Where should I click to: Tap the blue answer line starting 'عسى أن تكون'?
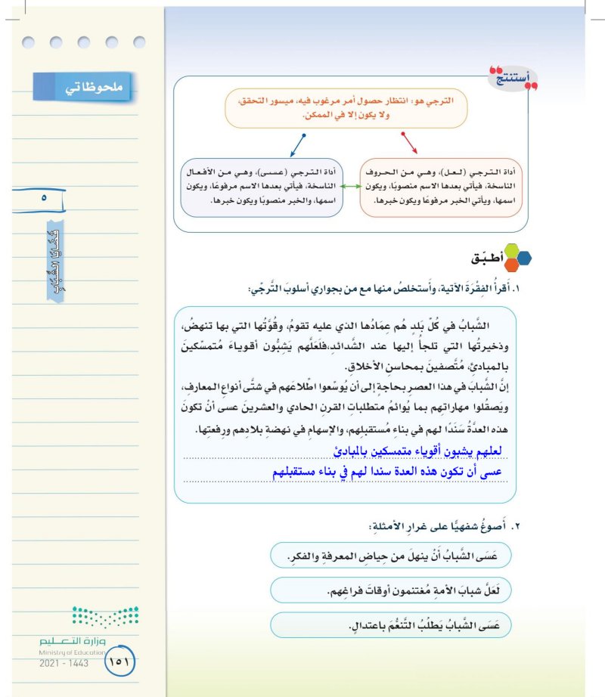click(x=392, y=472)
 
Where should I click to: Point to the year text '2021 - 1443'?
click(x=64, y=663)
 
